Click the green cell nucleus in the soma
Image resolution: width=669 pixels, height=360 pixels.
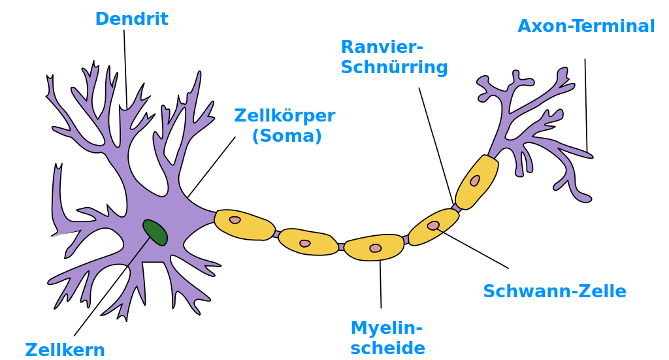[x=155, y=232]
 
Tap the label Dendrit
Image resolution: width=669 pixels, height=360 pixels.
[x=131, y=18]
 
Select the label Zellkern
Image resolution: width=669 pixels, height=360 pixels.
[x=65, y=350]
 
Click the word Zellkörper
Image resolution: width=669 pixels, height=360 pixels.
[x=284, y=116]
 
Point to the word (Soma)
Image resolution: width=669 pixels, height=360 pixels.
[x=287, y=136]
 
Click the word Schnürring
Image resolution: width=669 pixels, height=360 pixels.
[x=394, y=67]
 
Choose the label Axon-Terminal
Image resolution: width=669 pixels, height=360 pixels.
[x=586, y=26]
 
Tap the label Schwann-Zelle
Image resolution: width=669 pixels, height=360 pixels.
[x=554, y=291]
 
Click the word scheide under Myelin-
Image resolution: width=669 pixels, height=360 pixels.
[x=387, y=347]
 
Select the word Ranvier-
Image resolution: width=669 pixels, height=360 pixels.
[x=382, y=47]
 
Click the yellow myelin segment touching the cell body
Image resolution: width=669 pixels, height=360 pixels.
[x=244, y=225]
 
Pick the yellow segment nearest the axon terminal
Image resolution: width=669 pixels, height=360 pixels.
[x=476, y=182]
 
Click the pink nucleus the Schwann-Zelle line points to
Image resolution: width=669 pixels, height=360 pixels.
[x=433, y=225]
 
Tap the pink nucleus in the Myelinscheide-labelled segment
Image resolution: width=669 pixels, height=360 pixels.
[x=375, y=248]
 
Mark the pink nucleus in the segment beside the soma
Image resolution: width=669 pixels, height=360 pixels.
[x=235, y=220]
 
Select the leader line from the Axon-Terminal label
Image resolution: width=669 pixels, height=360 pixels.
[x=586, y=105]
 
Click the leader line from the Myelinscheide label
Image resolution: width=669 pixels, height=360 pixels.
[x=380, y=284]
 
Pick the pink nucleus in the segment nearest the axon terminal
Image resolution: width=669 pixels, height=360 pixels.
[x=475, y=180]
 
